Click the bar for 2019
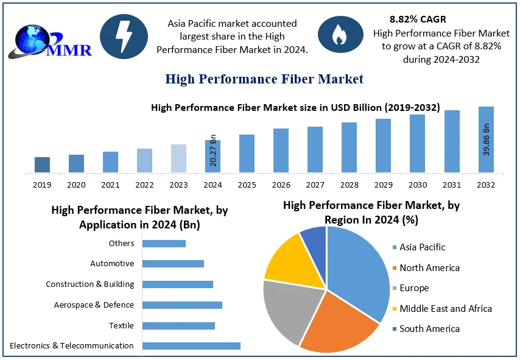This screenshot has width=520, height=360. tap(42, 164)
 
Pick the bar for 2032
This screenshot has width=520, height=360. tap(486, 139)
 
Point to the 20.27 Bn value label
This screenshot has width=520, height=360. tap(213, 150)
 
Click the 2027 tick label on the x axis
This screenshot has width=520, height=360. tap(315, 185)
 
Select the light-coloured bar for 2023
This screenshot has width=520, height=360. tap(178, 158)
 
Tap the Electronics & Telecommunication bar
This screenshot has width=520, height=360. tap(191, 346)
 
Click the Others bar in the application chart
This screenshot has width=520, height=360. tap(164, 244)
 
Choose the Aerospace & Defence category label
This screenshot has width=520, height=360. tap(94, 305)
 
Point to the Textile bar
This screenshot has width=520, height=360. tap(178, 326)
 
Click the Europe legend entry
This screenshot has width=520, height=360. tap(414, 288)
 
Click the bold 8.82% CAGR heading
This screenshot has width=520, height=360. tap(418, 19)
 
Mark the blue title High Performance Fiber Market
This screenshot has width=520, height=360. tap(264, 79)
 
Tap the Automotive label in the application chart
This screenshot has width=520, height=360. tap(112, 264)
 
